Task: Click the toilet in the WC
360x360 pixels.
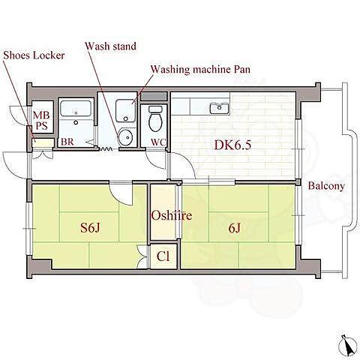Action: pyautogui.click(x=154, y=118)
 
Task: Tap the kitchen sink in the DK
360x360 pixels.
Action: pyautogui.click(x=220, y=108)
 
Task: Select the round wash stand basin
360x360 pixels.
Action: pyautogui.click(x=127, y=137)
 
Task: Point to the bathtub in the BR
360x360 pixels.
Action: pyautogui.click(x=76, y=109)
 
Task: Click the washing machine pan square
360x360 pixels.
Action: pyautogui.click(x=126, y=111)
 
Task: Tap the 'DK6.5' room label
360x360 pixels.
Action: pyautogui.click(x=232, y=145)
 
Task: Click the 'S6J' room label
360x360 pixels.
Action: pyautogui.click(x=90, y=227)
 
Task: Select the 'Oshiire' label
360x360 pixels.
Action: pyautogui.click(x=172, y=215)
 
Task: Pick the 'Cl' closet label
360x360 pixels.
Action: pyautogui.click(x=163, y=256)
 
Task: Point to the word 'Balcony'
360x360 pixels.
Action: pyautogui.click(x=326, y=186)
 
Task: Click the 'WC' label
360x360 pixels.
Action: pyautogui.click(x=158, y=142)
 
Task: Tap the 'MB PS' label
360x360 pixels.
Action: pyautogui.click(x=41, y=120)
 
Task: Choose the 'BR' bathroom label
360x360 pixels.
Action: pyautogui.click(x=67, y=142)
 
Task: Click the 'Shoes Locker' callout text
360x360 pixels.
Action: pyautogui.click(x=34, y=55)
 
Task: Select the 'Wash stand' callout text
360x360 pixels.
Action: pyautogui.click(x=111, y=46)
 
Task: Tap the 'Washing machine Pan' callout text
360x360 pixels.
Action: pyautogui.click(x=200, y=69)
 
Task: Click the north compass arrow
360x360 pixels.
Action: pyautogui.click(x=348, y=345)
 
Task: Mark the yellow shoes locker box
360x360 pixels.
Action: pyautogui.click(x=43, y=143)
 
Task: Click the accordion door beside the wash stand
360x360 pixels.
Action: pyautogui.click(x=106, y=149)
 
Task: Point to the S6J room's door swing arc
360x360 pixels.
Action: pyautogui.click(x=121, y=195)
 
